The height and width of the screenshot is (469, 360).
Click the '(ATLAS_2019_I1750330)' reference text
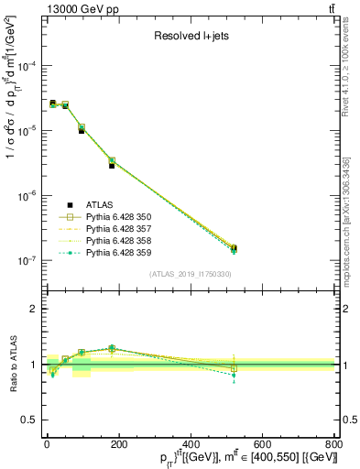[190, 273]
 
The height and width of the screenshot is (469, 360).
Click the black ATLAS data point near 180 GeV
[112, 166]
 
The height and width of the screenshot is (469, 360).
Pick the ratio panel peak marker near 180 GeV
[112, 348]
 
